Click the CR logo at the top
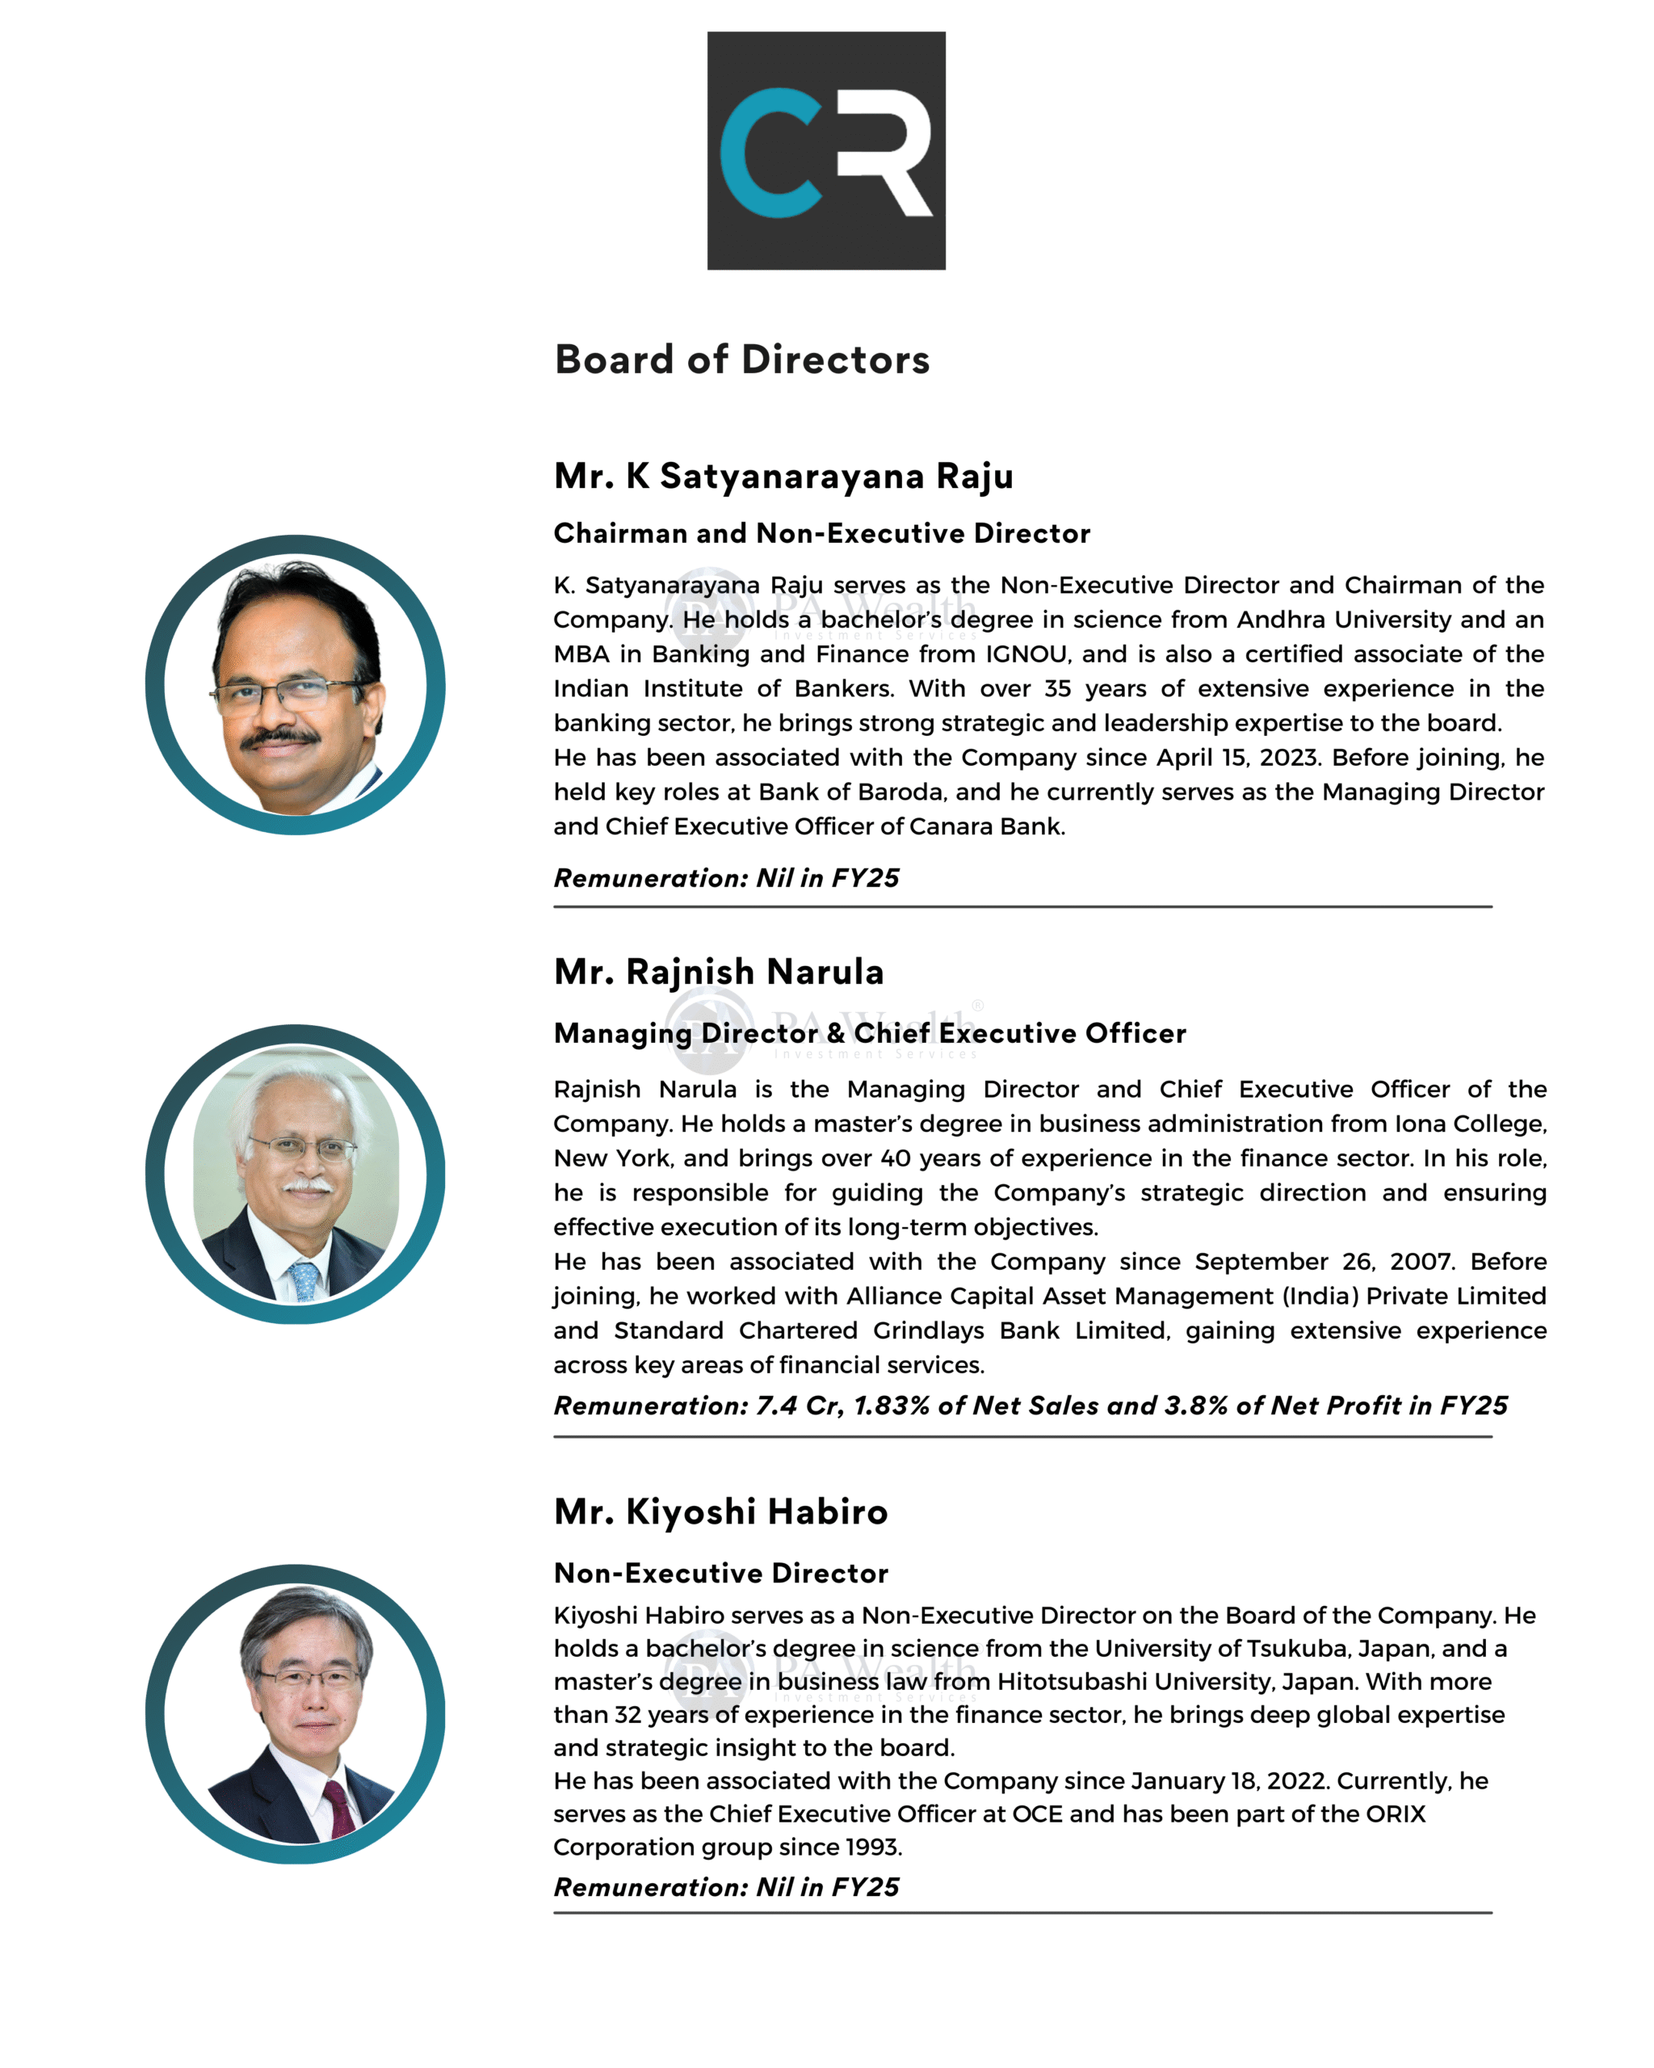825,150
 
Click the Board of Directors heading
741,359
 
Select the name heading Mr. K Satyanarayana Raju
783,476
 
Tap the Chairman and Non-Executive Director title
821,533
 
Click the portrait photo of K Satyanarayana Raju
296,685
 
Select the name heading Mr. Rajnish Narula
718,972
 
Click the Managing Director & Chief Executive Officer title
870,1033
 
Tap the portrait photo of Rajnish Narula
296,1174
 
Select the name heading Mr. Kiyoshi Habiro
720,1511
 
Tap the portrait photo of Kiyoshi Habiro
296,1714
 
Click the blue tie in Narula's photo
306,1280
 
